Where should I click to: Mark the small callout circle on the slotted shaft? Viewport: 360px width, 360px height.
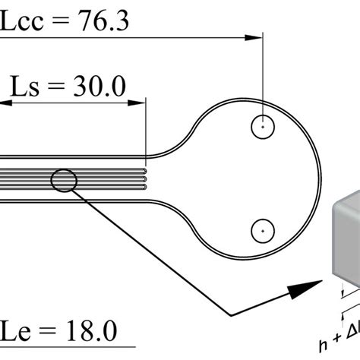pyautogui.click(x=64, y=180)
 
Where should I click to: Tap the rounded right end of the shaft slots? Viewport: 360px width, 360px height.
pyautogui.click(x=145, y=178)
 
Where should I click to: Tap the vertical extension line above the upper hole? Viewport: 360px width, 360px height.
pyautogui.click(x=262, y=76)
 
